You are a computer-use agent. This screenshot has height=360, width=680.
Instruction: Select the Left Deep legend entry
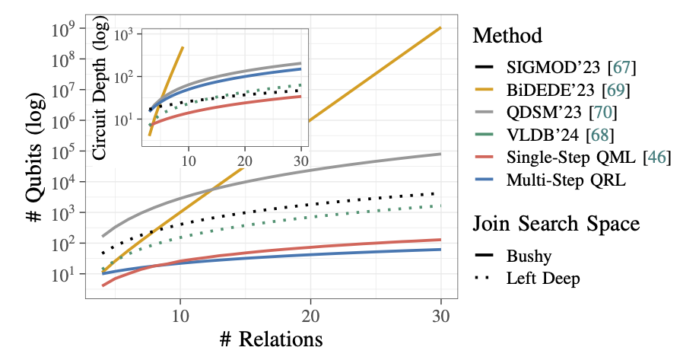(x=543, y=279)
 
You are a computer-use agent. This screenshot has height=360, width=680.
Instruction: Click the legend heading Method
(x=507, y=36)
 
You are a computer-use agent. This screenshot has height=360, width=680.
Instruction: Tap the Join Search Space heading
(x=554, y=224)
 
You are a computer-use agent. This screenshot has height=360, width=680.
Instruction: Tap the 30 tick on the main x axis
(x=441, y=314)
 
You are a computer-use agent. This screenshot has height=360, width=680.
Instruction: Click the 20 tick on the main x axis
(x=310, y=314)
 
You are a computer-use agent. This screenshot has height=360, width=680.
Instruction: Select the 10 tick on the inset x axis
(x=187, y=161)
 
